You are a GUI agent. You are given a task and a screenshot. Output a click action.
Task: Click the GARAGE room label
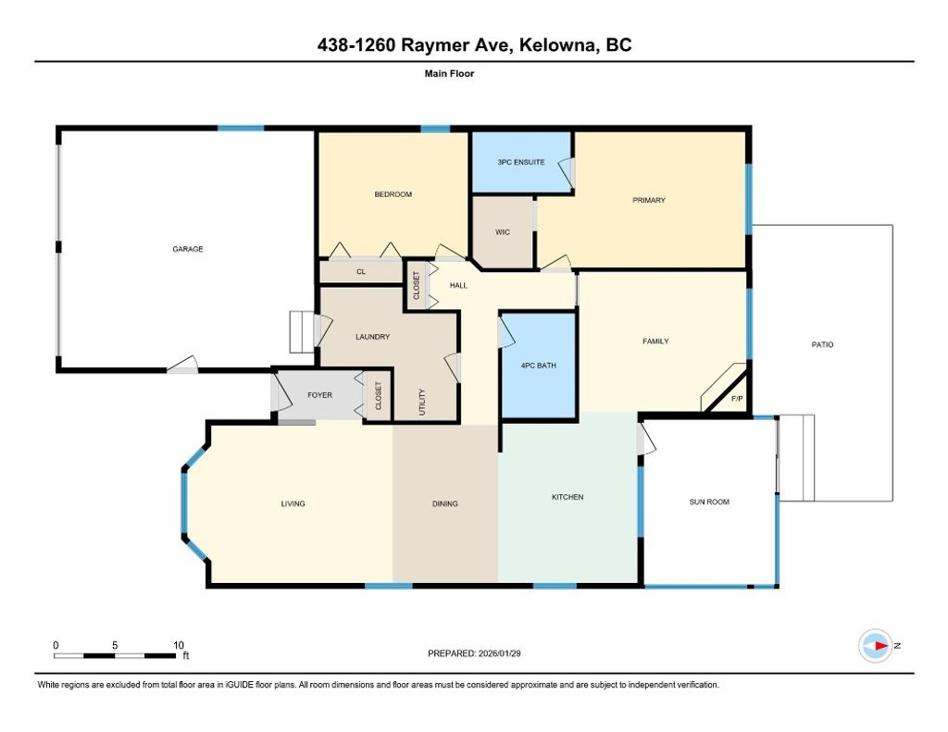pyautogui.click(x=187, y=249)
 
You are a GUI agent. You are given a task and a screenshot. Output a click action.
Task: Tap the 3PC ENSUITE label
pyautogui.click(x=521, y=162)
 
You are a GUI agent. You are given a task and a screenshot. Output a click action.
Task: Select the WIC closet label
pyautogui.click(x=503, y=232)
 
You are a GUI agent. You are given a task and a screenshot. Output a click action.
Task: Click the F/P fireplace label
pyautogui.click(x=736, y=399)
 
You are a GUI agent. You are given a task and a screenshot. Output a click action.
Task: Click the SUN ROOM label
pyautogui.click(x=709, y=502)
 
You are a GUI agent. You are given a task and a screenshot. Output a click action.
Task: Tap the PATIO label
pyautogui.click(x=822, y=344)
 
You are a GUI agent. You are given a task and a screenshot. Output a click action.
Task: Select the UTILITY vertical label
pyautogui.click(x=421, y=401)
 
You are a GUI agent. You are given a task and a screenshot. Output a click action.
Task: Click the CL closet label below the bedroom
pyautogui.click(x=361, y=272)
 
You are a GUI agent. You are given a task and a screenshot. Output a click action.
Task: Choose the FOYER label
pyautogui.click(x=319, y=395)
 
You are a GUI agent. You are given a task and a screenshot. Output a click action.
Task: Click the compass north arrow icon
pyautogui.click(x=876, y=645)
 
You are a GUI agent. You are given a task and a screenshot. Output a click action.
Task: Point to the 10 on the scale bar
pyautogui.click(x=179, y=644)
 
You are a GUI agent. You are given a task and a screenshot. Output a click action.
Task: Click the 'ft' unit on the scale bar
pyautogui.click(x=185, y=656)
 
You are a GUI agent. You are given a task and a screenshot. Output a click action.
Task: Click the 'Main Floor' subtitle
pyautogui.click(x=449, y=73)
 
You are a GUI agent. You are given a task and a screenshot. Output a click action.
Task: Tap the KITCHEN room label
pyautogui.click(x=568, y=497)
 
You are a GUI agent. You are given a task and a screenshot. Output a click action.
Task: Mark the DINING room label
pyautogui.click(x=445, y=503)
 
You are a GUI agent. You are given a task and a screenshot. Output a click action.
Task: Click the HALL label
pyautogui.click(x=458, y=286)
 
